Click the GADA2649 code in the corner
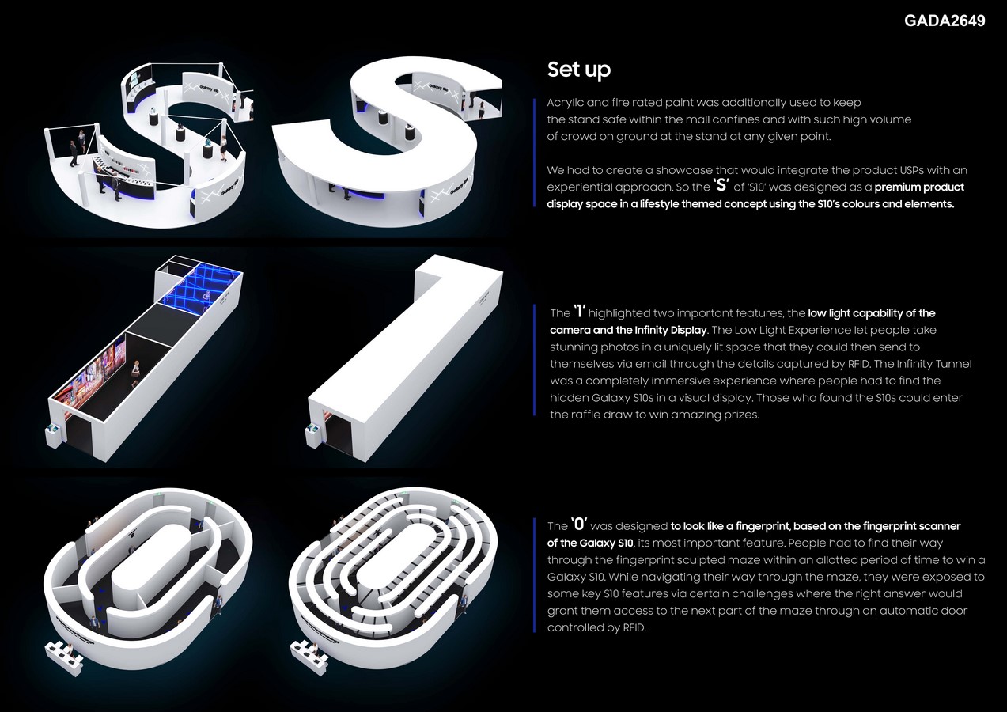pyautogui.click(x=945, y=21)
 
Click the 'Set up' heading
pyautogui.click(x=578, y=70)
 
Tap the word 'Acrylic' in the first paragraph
pyautogui.click(x=565, y=103)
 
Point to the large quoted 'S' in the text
pyautogui.click(x=721, y=185)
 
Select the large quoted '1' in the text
pyautogui.click(x=580, y=311)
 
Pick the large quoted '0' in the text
pyautogui.click(x=579, y=524)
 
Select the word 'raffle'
pyautogui.click(x=585, y=415)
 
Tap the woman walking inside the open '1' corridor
pyautogui.click(x=135, y=373)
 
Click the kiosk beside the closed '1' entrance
pyautogui.click(x=312, y=433)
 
